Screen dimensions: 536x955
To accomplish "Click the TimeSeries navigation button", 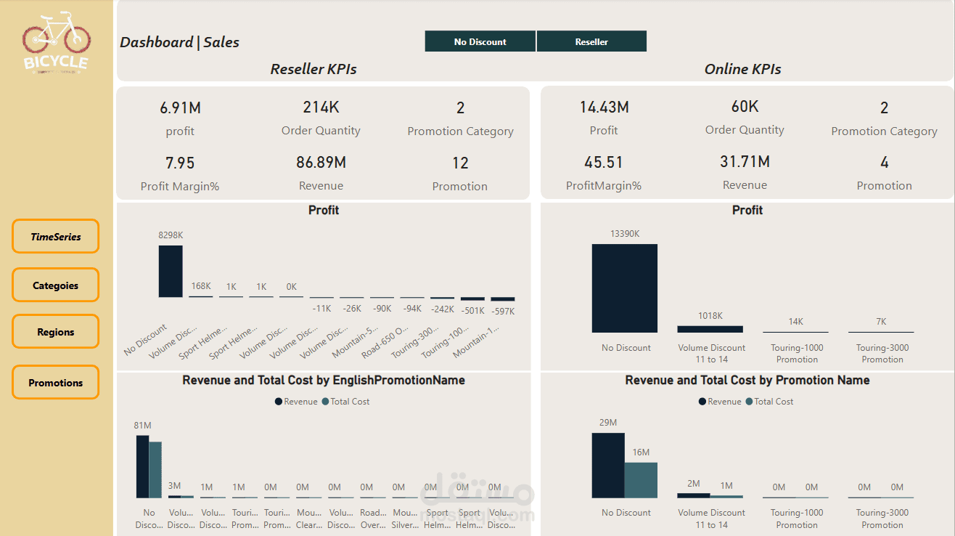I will [x=55, y=237].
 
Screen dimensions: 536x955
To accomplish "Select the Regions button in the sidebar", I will [x=55, y=332].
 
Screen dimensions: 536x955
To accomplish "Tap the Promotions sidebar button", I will [x=55, y=383].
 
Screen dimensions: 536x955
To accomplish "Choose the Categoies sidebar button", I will [x=55, y=285].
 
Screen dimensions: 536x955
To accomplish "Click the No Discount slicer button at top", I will [x=480, y=41].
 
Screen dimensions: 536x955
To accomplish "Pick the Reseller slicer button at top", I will [x=591, y=41].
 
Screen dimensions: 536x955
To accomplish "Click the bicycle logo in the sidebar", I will [x=56, y=42].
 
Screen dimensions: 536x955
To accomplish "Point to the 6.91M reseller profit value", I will [x=180, y=108].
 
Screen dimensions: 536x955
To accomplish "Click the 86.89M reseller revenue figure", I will [x=321, y=162].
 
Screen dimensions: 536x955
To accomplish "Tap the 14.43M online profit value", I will [x=604, y=107].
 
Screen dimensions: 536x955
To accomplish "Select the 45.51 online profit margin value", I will [x=604, y=162].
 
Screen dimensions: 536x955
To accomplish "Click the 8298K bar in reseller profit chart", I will [x=171, y=271].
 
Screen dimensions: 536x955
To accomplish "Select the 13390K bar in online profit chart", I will [x=625, y=288].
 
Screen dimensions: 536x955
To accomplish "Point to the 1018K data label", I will [x=710, y=316].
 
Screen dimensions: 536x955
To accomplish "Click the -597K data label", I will [x=503, y=311].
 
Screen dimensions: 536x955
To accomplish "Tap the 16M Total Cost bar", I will [x=641, y=480].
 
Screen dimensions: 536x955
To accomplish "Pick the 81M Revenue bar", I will [x=142, y=466].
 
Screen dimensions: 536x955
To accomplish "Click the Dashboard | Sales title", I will [x=179, y=42].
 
